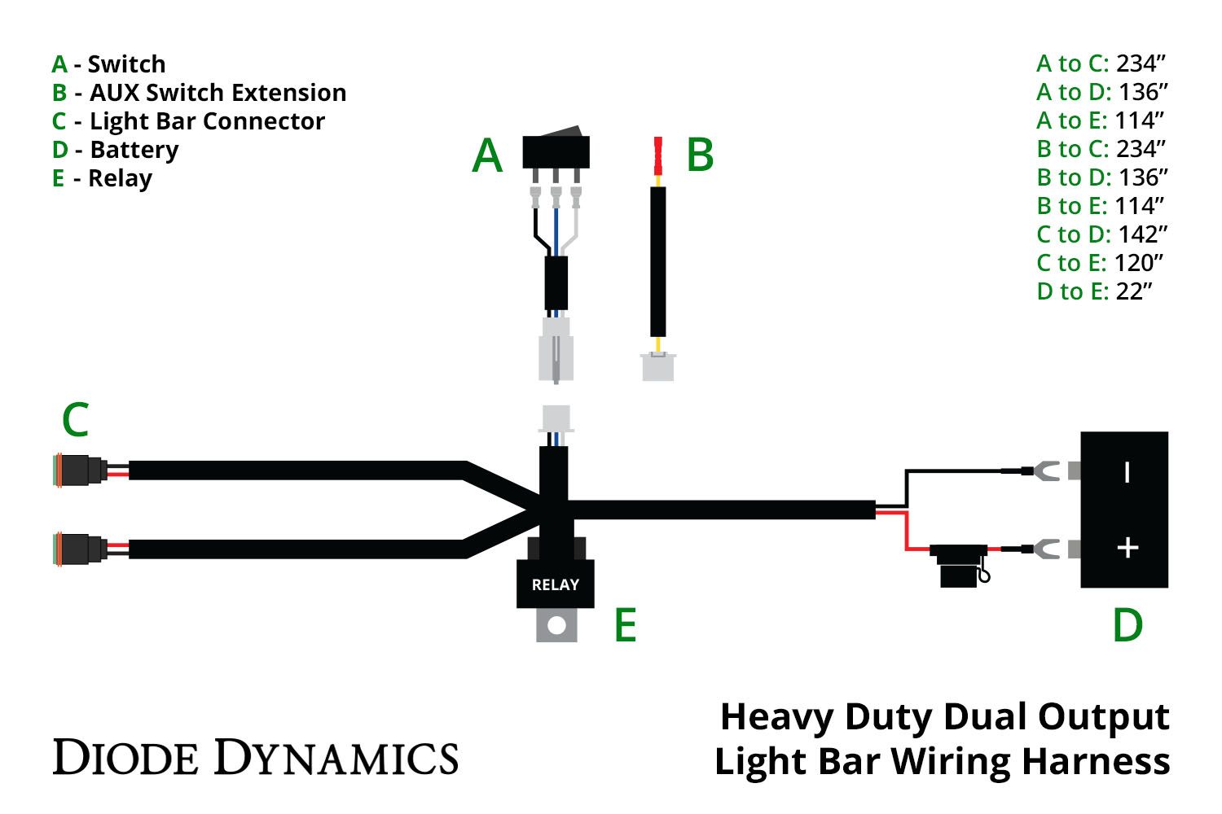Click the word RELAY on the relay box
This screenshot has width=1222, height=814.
[x=555, y=584]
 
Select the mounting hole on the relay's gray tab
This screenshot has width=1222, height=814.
[x=557, y=626]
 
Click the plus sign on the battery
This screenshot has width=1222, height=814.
[x=1127, y=548]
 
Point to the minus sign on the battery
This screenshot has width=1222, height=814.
[x=1127, y=472]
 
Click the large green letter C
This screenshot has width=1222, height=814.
[x=75, y=421]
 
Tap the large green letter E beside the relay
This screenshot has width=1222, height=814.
[x=625, y=625]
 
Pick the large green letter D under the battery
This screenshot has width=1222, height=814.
[x=1127, y=625]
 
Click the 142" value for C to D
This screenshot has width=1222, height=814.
[x=1142, y=234]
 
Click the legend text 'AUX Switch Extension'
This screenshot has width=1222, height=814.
[x=218, y=93]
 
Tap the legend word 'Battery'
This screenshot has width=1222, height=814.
[x=134, y=150]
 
